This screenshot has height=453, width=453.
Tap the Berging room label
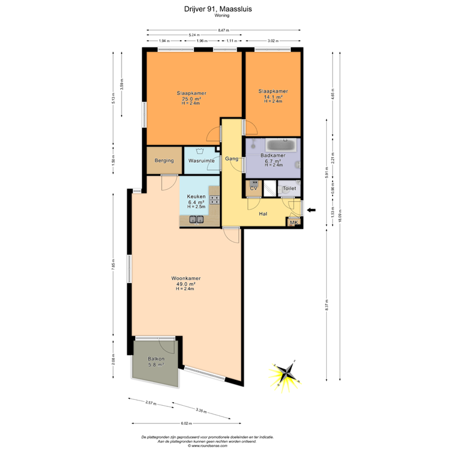coord(163,160)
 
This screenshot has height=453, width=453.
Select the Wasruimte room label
coord(201,160)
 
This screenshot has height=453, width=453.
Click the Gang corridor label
coord(231,159)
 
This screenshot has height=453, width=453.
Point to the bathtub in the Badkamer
coord(283,145)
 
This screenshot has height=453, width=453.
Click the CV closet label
coord(254,188)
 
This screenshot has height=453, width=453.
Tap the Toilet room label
coord(289,188)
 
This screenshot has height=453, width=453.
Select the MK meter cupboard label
coord(293,222)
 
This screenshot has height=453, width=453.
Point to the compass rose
coord(285,373)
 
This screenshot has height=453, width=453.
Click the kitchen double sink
coord(196,221)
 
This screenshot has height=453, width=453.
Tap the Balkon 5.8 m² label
coord(156,362)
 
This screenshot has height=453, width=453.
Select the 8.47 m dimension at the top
coord(223,30)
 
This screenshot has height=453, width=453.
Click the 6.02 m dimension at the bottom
coord(186,423)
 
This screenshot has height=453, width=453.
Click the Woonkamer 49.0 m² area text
coord(185,284)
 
